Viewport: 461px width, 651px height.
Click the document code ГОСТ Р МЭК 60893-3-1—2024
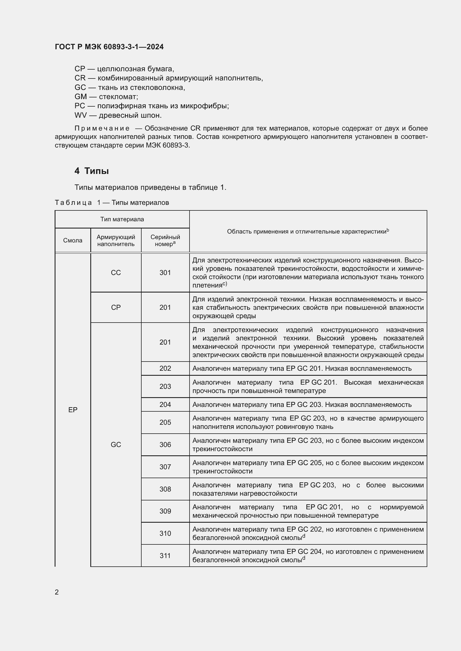coord(109,47)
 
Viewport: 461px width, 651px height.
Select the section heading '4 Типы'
coord(91,171)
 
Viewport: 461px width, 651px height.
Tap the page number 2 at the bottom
coord(57,592)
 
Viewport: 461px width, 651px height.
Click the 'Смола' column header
coord(73,240)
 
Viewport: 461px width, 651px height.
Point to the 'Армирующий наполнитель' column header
coord(116,240)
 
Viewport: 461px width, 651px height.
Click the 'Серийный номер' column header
coord(165,240)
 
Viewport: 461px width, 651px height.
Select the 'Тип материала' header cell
coord(122,219)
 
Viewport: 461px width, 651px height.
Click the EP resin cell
coord(73,410)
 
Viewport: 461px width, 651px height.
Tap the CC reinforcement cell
coord(116,272)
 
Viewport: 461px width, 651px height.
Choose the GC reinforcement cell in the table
coord(116,444)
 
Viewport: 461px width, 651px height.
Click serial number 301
coord(165,272)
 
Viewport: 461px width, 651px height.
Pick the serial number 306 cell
coord(165,444)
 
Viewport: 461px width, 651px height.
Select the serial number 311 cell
coord(165,556)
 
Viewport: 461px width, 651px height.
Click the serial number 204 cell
coord(165,405)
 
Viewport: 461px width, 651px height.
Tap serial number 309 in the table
coord(165,511)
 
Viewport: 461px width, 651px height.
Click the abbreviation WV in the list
coord(80,116)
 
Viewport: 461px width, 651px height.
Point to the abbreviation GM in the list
coord(81,97)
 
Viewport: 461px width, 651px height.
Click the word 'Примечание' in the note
coord(102,128)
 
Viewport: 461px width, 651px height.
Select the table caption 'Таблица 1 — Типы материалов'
coord(112,203)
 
